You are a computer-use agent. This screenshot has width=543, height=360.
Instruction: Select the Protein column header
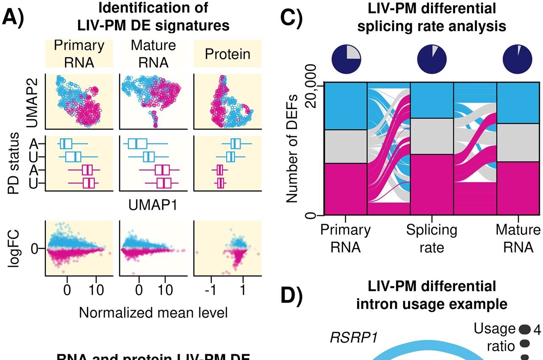tap(227, 54)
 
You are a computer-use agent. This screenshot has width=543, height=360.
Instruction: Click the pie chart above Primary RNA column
tap(346, 58)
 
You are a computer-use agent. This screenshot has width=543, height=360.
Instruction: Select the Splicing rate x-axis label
tap(431, 238)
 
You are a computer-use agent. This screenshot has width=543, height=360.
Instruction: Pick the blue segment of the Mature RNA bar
tap(518, 103)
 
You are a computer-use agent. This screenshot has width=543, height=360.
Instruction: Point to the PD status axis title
tap(14, 163)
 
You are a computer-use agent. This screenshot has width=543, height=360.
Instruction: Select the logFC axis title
tap(14, 249)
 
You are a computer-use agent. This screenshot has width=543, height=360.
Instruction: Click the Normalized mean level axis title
tap(153, 313)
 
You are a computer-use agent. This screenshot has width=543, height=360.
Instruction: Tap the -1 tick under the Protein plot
tap(209, 291)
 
